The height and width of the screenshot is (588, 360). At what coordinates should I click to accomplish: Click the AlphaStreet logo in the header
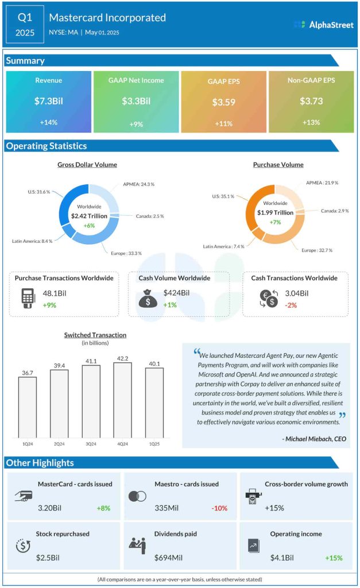[323, 25]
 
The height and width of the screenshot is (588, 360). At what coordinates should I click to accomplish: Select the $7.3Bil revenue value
[48, 101]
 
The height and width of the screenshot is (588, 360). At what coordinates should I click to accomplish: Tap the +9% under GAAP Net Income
[136, 123]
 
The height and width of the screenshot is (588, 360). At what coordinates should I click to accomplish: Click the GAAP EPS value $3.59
[224, 102]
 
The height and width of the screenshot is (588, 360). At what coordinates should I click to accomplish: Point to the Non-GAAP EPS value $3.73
[311, 101]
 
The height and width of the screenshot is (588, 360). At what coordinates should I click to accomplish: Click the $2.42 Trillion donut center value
[88, 215]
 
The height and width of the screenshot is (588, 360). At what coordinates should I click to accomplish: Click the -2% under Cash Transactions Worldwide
[291, 305]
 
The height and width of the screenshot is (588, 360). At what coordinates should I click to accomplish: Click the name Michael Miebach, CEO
[314, 439]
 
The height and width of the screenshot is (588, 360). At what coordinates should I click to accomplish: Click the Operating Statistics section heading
[47, 146]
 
